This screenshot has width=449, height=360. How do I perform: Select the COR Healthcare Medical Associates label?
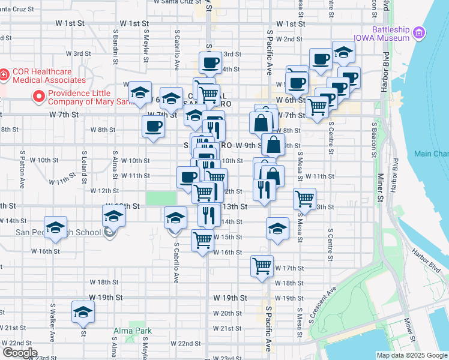[x=42, y=76]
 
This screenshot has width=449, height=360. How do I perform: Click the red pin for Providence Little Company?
[x=40, y=96]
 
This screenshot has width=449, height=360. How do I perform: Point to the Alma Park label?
[x=133, y=331]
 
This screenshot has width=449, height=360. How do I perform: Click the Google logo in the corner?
[x=19, y=353]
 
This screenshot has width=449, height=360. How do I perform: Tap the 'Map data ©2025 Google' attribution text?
[x=412, y=355]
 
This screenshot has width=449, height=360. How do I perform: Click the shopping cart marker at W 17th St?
[x=262, y=265]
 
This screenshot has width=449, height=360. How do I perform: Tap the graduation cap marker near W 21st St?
[x=83, y=312]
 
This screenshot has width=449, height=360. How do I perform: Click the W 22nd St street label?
[x=185, y=343]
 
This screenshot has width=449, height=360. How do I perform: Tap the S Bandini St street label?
[x=115, y=41]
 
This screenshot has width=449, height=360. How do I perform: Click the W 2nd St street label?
[x=289, y=39]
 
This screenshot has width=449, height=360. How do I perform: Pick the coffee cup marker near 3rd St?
[x=211, y=62]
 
